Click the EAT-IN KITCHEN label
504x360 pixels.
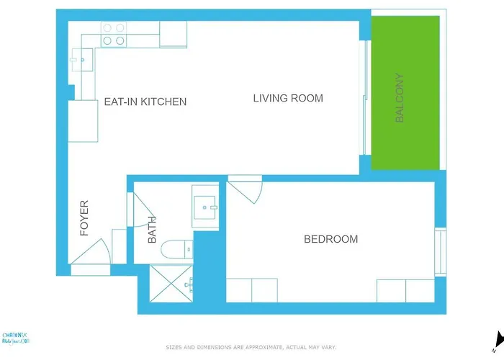[x=145, y=102]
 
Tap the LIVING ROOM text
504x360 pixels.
[x=288, y=98]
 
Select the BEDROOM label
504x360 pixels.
[x=330, y=239]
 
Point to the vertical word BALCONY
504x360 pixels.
[x=400, y=98]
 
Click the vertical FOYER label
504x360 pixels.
[x=84, y=218]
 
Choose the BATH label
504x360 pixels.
[x=152, y=231]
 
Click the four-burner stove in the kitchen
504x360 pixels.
[x=113, y=35]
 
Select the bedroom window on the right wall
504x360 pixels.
[x=440, y=251]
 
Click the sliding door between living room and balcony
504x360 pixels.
[x=366, y=98]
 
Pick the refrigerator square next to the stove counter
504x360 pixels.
[x=173, y=34]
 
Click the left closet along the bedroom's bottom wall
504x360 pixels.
[x=252, y=290]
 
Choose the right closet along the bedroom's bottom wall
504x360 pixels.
[x=405, y=290]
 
